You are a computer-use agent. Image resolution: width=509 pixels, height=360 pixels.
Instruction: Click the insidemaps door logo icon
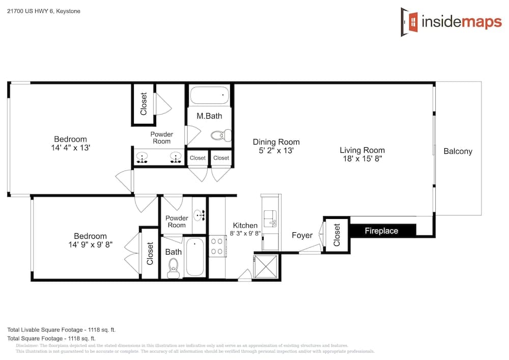pos(409,22)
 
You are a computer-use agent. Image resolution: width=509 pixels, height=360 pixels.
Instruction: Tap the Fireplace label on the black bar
pos(381,231)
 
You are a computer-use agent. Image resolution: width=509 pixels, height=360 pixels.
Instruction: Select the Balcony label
pos(458,151)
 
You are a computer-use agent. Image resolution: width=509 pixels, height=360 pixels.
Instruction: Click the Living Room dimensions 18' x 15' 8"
pos(362,159)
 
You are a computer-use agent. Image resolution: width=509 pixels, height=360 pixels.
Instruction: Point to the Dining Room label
pos(276,142)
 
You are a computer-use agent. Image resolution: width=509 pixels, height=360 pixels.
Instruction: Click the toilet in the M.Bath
pos(221,135)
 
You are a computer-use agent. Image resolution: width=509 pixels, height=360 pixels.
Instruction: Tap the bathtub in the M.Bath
pos(209,95)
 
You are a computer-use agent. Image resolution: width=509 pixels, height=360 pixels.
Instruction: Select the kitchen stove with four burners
pos(217,246)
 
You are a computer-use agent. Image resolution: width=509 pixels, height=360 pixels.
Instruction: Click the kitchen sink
pos(270,218)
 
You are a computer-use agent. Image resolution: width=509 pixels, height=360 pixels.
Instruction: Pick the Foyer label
pos(302,235)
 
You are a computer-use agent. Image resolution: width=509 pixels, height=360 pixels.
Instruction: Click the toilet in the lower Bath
pos(174,268)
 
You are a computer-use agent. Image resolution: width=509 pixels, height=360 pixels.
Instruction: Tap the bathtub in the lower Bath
pos(195,257)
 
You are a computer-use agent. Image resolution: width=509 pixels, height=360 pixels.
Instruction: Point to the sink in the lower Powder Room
pos(199,215)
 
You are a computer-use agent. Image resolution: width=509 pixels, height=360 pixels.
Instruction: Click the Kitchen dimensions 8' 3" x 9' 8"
pos(245,233)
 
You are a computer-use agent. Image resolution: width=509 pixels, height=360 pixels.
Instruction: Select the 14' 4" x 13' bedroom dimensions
pos(70,148)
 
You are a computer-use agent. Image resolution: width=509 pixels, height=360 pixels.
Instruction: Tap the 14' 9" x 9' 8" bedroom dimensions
pos(90,244)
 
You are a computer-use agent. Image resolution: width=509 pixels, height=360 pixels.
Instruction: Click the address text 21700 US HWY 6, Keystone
pos(44,11)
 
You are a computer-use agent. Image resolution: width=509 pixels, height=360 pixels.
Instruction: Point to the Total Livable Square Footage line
pos(62,330)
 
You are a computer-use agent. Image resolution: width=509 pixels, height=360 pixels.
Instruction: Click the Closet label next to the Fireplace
pos(336,235)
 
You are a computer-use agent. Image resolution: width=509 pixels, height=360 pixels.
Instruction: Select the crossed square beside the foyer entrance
pos(265,266)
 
